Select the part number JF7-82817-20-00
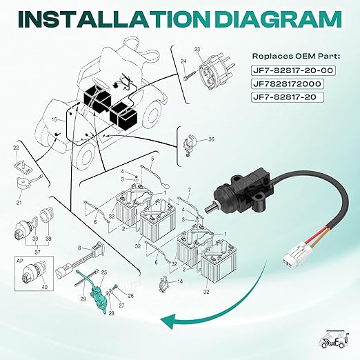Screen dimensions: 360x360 293,70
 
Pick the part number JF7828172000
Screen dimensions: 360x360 287,83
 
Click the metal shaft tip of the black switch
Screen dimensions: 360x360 210,208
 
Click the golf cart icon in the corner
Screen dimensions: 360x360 334,339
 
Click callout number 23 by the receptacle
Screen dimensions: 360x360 197,49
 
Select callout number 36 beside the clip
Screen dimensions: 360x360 211,139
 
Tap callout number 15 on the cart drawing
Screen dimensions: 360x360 54,119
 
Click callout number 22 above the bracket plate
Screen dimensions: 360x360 16,148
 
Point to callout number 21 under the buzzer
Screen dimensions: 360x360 19,202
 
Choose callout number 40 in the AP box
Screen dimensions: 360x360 45,287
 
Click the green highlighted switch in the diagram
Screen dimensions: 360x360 96,294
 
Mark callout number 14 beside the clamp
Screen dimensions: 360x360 180,281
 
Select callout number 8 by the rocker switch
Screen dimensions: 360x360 79,248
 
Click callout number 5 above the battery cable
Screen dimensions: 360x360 152,159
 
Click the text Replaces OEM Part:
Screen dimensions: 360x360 296,57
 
